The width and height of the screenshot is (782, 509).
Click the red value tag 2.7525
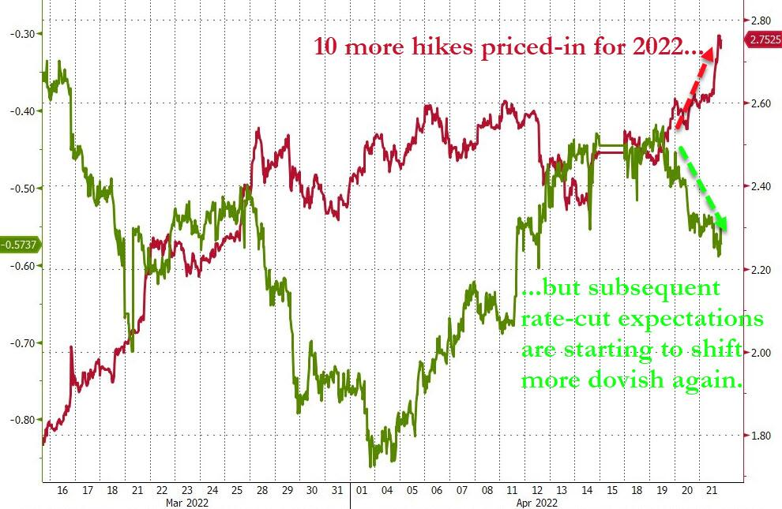pos(762,39)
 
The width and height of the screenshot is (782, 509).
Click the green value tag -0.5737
pos(19,245)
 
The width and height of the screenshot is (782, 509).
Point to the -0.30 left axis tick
pos(17,33)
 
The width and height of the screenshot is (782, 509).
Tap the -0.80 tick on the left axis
pos(17,420)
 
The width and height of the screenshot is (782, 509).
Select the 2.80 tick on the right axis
pos(761,20)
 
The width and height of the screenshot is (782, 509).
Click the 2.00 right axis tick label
pos(761,353)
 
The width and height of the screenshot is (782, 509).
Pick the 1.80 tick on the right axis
pos(761,436)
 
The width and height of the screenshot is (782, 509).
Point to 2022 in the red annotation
pos(657,47)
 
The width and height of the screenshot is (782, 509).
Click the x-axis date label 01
pos(362,488)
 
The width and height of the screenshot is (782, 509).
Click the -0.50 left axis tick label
pos(17,188)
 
